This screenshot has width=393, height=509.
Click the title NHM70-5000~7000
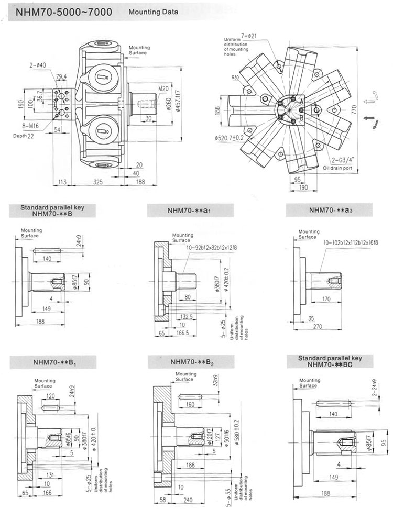[x=58, y=10]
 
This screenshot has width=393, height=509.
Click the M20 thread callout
[x=165, y=88]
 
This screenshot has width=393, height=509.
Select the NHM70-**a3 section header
[x=329, y=211]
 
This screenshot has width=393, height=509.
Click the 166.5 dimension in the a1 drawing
[x=183, y=333]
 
